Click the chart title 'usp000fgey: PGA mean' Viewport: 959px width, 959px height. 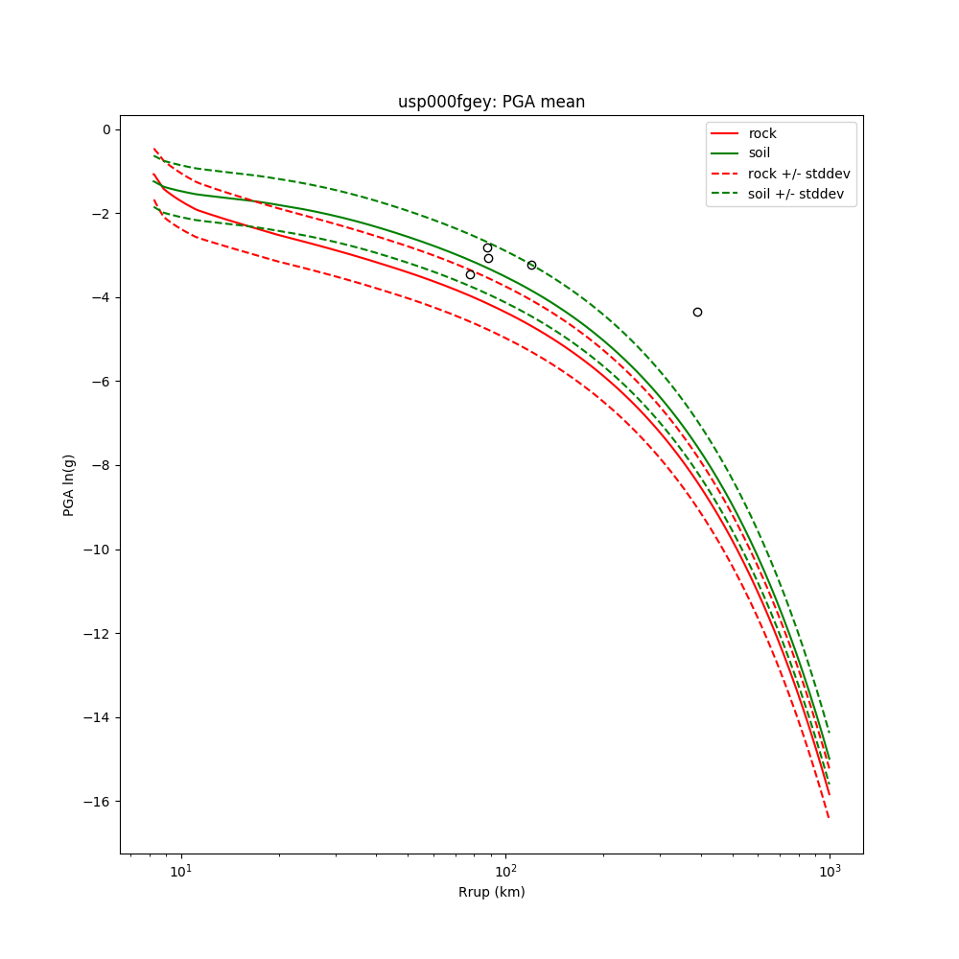491,102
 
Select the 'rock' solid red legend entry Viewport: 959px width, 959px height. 762,133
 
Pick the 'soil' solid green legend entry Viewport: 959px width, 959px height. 760,153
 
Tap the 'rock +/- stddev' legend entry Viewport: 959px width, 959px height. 799,174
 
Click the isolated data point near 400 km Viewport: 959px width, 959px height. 697,312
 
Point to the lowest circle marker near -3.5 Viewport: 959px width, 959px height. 470,274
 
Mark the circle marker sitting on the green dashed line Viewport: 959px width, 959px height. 531,265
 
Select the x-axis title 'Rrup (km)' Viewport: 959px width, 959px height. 491,892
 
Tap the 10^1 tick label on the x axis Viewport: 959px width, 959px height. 180,870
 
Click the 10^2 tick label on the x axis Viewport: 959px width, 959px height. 504,870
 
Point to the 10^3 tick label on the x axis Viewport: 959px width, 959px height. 830,870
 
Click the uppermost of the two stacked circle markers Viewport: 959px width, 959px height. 487,247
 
